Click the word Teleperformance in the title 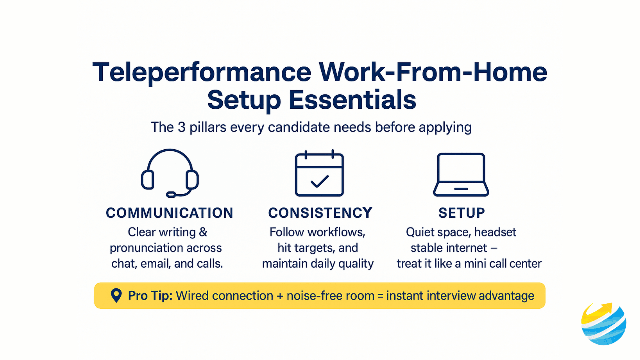[202, 73]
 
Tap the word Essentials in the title [352, 100]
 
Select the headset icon [170, 173]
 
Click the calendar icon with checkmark [319, 173]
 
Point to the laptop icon [461, 175]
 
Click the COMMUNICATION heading [170, 213]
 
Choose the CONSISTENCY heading [320, 213]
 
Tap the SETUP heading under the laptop [462, 213]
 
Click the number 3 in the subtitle [182, 127]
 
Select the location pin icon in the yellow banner [116, 295]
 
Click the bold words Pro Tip [150, 296]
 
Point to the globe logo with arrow [604, 324]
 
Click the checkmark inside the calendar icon [320, 181]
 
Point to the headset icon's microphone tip [171, 195]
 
